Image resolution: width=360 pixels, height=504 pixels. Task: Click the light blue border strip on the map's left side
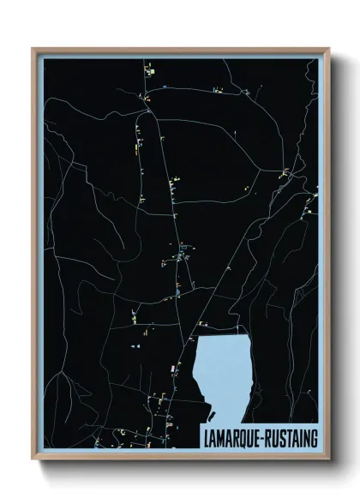coord(39,257)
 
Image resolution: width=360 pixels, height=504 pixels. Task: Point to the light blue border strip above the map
coord(180,55)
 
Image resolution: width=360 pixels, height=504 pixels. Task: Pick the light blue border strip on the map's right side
coord(321,257)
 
